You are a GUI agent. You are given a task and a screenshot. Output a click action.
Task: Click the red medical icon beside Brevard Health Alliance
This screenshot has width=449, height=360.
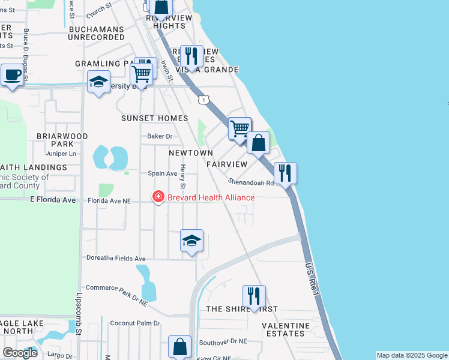[158, 197]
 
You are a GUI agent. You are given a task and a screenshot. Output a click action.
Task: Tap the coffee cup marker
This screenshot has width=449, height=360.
[11, 76]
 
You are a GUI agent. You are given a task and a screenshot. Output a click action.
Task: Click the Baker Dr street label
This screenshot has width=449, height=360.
[160, 136]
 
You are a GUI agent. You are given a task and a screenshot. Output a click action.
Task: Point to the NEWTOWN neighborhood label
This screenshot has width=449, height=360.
[190, 153]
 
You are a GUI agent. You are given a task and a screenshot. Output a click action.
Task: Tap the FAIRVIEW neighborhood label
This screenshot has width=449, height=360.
[227, 164]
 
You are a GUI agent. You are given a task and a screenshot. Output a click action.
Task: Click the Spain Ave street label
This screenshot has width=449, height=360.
[163, 173]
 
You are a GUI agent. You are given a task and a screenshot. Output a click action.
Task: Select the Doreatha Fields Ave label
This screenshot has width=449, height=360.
[116, 259]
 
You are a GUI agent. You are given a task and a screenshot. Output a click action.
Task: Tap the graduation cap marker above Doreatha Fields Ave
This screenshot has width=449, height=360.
[191, 241]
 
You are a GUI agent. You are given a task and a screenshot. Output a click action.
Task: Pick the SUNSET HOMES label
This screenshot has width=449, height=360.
[155, 118]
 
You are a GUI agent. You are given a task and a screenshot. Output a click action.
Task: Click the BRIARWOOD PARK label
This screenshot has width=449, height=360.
[62, 140]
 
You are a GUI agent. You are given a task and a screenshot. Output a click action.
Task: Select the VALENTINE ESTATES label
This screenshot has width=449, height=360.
[286, 329]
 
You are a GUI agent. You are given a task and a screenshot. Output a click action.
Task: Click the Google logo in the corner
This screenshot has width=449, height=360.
[20, 353]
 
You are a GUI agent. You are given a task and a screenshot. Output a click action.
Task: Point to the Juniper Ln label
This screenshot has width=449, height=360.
[65, 154]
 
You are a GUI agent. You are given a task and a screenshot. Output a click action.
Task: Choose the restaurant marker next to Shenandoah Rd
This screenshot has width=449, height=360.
[285, 173]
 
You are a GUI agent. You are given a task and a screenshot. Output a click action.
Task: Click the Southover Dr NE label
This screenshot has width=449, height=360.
[223, 341]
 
